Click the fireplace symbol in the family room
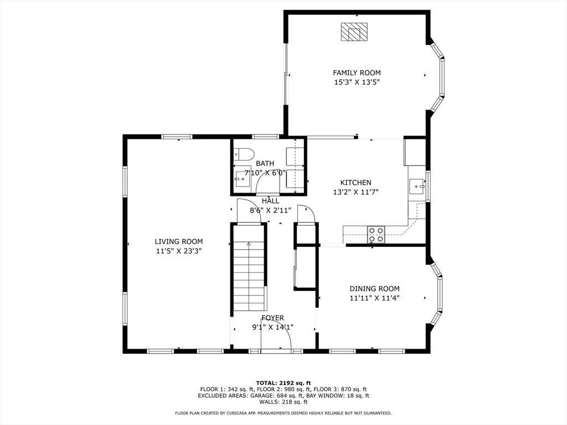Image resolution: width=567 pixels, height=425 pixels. pos(354,32)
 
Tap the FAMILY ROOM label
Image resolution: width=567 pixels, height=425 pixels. pos(357,72)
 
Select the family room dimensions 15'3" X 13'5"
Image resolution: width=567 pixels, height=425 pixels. pos(357,82)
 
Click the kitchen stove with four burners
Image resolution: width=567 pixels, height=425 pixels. pos(376,234)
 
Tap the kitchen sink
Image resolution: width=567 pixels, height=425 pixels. pos(417,186)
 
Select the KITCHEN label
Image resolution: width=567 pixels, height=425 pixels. pos(356,183)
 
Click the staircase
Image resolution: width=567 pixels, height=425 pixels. pos(249,268)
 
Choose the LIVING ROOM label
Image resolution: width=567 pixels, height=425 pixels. pos(179,241)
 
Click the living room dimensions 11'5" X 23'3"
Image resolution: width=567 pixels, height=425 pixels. pos(179,251)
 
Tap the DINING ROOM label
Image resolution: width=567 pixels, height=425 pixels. pos(374,288)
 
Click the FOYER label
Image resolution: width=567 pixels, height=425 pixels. pos(272,318)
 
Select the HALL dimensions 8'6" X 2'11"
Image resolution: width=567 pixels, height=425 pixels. pos(270,210)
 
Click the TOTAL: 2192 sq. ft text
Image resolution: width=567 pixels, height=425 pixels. pos(283,383)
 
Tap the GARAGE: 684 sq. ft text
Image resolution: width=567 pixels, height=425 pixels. pos(279,396)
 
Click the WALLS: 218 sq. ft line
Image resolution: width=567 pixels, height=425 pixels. pos(283,402)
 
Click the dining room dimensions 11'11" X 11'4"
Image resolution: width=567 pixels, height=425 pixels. pos(374,298)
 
